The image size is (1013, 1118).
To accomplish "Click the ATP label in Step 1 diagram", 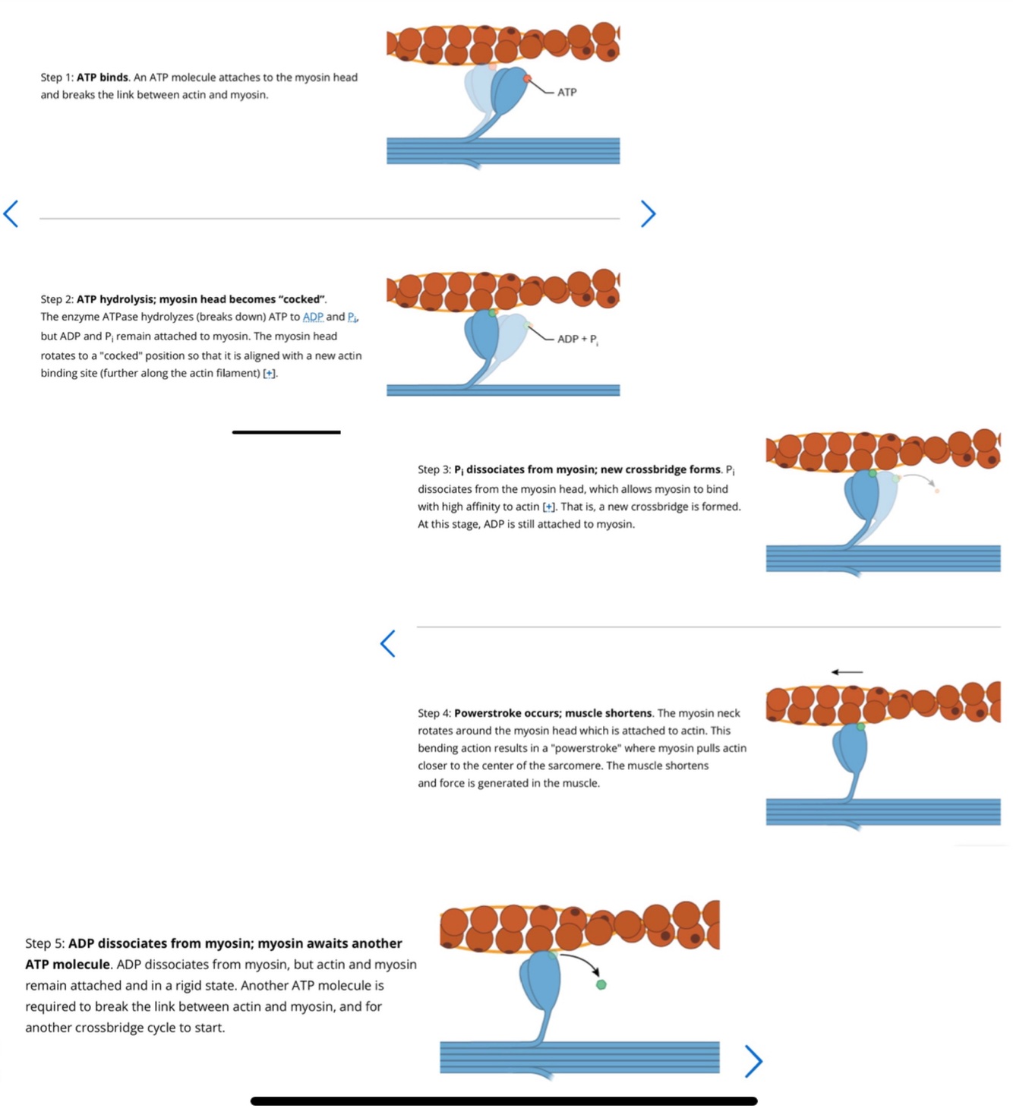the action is tap(566, 92).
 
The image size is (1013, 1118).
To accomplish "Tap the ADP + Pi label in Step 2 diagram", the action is tap(578, 340).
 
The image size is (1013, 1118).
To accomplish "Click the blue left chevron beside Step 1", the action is tap(11, 213).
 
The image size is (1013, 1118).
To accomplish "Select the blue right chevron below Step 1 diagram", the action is tap(648, 213).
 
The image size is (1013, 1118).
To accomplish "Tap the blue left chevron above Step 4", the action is tap(388, 644).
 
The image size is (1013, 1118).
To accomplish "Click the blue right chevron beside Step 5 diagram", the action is tap(754, 1061).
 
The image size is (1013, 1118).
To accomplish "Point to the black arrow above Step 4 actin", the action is tap(847, 672).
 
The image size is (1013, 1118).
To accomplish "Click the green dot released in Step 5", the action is tap(601, 985).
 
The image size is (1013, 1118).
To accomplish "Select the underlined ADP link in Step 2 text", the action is tap(313, 317).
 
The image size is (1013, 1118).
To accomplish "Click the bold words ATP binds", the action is tap(103, 77).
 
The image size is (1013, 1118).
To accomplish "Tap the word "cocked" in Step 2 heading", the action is tap(301, 299).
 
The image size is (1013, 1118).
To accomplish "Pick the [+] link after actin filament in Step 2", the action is tap(270, 374).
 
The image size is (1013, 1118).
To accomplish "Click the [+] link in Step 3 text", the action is tap(550, 507).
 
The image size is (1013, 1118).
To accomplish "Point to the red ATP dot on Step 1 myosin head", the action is tap(527, 79).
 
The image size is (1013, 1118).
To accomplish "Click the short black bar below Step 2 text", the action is tap(286, 432).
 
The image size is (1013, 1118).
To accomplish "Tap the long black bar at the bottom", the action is tap(503, 1101).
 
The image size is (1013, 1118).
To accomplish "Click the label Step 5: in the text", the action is tap(45, 943).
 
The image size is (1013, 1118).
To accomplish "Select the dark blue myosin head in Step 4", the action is tap(850, 749).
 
